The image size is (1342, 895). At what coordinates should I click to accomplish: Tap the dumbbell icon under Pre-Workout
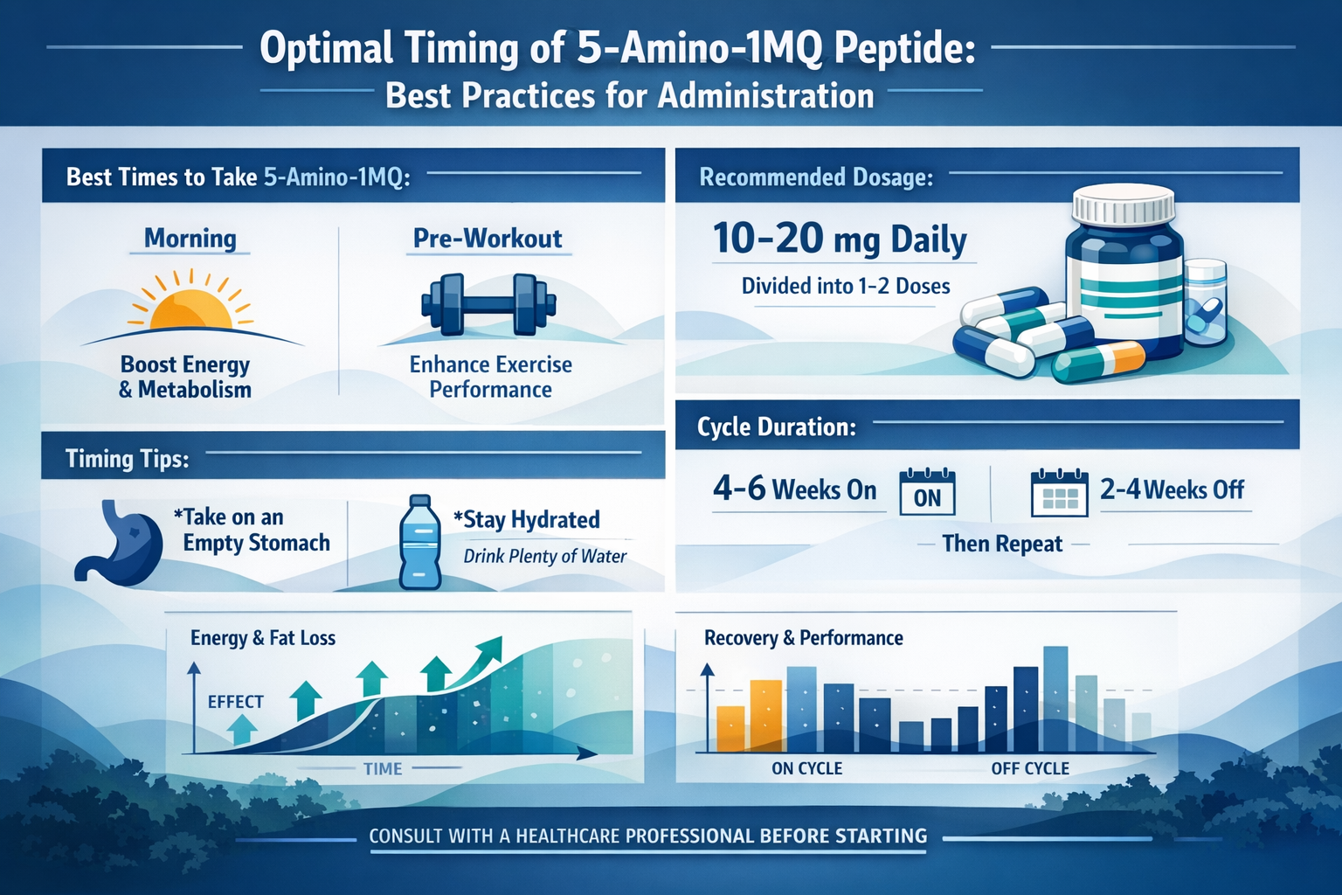[x=488, y=305]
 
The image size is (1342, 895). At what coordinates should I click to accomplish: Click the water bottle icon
[x=420, y=542]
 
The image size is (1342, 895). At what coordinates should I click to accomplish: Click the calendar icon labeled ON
[x=927, y=493]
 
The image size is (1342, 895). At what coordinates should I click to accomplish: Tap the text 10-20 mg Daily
[x=840, y=239]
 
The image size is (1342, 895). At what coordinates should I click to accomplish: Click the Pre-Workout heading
[x=488, y=239]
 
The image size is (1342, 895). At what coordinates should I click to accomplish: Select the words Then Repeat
[x=1002, y=544]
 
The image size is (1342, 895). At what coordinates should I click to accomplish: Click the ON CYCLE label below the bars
[x=806, y=768]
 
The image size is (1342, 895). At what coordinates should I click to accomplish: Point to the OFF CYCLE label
[x=1030, y=768]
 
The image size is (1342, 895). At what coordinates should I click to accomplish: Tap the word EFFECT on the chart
[x=235, y=702]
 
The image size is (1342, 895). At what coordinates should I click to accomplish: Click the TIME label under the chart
[x=383, y=769]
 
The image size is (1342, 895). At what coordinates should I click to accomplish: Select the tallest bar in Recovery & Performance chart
[x=1055, y=699]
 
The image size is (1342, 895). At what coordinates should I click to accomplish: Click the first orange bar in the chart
[x=731, y=729]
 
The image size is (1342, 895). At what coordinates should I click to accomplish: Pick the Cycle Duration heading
[x=776, y=427]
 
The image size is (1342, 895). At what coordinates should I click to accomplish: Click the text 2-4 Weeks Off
[x=1172, y=489]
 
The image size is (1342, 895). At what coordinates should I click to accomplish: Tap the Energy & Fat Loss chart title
[x=263, y=638]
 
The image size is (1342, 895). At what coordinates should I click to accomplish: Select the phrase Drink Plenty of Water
[x=544, y=556]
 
